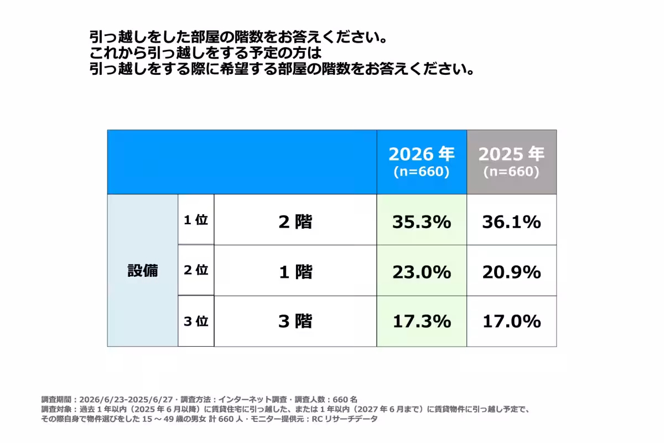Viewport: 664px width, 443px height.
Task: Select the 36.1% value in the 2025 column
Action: click(511, 222)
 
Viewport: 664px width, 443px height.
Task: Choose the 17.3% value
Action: click(422, 321)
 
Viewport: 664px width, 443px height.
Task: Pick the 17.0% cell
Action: click(511, 321)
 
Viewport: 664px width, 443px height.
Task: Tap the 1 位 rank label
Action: click(196, 220)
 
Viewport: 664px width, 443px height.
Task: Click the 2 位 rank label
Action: click(196, 270)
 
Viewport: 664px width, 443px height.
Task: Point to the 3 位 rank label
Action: click(196, 321)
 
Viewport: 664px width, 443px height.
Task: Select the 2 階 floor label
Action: click(295, 221)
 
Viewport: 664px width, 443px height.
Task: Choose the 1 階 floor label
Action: click(295, 272)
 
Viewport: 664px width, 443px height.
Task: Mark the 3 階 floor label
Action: click(295, 321)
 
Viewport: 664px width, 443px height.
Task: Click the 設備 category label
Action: click(143, 271)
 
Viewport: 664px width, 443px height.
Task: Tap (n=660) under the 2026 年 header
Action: click(422, 172)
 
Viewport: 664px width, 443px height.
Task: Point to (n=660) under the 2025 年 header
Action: click(511, 172)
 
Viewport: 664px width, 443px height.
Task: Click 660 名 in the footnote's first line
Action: click(345, 399)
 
